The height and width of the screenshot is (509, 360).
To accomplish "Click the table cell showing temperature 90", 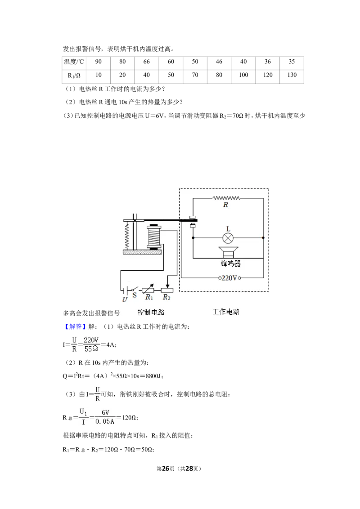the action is (98, 62).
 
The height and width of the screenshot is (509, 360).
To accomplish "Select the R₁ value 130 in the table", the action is (292, 75).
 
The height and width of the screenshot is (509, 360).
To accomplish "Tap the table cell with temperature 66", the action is (147, 62).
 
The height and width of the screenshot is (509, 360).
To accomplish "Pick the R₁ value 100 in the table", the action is (243, 75).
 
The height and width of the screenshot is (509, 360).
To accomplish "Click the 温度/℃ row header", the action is (74, 62).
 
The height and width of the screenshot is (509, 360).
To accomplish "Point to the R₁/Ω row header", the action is (74, 75).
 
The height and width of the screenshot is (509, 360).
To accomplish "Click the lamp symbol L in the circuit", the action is (228, 238).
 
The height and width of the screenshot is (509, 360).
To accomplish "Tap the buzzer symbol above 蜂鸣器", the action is (228, 252).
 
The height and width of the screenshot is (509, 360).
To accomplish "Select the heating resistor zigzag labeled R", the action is (226, 198).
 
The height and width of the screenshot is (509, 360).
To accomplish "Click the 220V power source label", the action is (229, 278).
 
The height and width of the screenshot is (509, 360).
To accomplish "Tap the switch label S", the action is (135, 295).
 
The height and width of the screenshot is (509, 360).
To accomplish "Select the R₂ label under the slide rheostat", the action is (166, 297).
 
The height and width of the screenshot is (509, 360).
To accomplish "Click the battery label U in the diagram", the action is (125, 299).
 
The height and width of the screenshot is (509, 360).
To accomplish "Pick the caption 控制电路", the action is (151, 313).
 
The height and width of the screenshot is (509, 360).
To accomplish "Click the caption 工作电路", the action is (226, 312).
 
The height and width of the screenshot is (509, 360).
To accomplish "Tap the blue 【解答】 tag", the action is (74, 326).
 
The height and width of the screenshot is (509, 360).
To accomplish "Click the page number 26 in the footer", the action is (166, 469).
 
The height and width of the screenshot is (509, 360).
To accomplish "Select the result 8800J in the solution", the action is (154, 376).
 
